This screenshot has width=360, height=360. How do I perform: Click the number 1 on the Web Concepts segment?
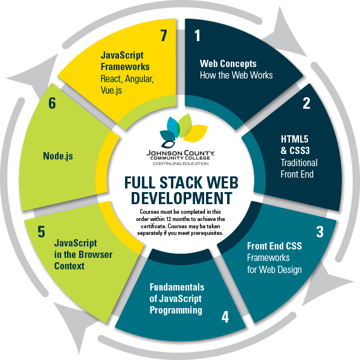198,36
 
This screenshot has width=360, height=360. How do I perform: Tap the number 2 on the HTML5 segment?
306,103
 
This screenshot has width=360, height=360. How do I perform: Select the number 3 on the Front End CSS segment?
320,232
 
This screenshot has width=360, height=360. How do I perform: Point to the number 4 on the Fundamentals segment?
225,317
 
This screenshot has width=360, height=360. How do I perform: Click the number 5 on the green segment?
41,231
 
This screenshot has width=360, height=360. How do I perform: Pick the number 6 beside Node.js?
52,103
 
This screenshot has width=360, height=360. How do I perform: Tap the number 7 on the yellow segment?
164,36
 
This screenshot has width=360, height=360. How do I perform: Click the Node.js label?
58,156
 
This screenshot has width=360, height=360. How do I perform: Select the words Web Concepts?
228,64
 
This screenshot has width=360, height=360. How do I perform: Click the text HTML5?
295,139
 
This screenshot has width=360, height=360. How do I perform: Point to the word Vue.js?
111,90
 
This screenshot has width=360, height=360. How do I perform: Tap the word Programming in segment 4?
176,310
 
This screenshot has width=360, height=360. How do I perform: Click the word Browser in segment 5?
95,255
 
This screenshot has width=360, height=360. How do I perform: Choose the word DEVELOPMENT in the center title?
182,198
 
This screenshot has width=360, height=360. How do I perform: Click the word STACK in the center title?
181,183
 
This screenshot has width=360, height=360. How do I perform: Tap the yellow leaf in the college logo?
195,133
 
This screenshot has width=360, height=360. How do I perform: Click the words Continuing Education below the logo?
181,164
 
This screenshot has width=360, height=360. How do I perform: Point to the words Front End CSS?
274,246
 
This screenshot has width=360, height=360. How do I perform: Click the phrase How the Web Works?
236,76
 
